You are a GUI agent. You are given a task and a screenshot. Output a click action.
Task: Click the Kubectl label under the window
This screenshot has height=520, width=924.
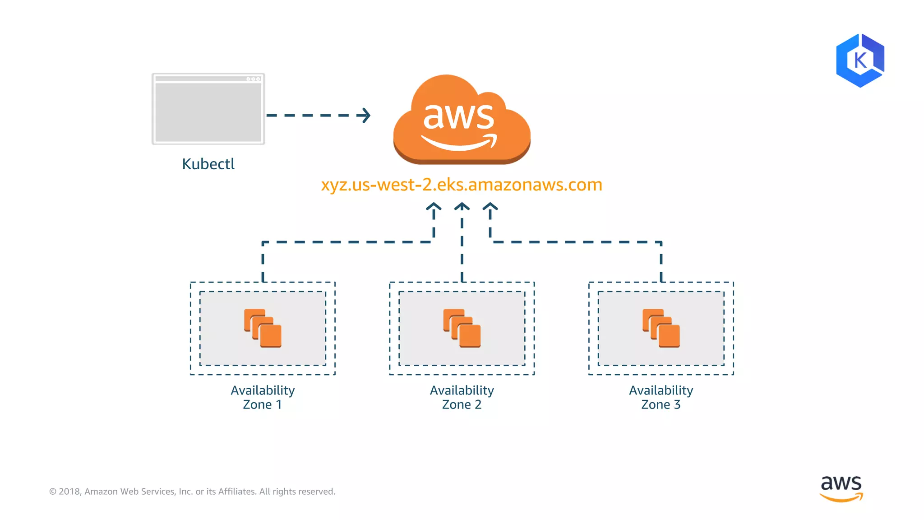click(208, 164)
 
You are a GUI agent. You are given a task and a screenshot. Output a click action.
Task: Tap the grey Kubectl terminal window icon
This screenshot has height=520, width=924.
click(208, 109)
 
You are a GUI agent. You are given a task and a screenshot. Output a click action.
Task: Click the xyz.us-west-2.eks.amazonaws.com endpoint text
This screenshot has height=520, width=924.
click(462, 185)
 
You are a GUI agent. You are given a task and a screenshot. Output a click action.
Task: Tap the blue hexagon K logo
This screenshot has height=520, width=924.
click(860, 60)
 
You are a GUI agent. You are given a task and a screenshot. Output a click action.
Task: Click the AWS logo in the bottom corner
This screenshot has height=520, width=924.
click(841, 488)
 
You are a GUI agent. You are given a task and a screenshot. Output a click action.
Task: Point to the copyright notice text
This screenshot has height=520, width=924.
click(192, 491)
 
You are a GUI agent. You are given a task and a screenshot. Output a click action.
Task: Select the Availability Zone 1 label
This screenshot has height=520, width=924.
click(263, 397)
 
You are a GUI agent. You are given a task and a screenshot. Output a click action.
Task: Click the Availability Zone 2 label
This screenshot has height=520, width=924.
click(462, 397)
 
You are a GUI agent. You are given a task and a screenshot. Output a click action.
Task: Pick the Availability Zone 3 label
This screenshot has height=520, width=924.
click(661, 397)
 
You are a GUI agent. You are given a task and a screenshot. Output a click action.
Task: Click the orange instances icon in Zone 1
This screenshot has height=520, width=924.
click(263, 328)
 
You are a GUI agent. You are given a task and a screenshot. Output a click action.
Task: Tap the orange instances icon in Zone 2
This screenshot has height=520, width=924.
click(462, 328)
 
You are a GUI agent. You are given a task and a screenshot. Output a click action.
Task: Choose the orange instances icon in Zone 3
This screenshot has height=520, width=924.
click(661, 328)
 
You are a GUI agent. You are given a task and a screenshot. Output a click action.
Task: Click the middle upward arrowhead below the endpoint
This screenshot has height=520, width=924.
click(462, 207)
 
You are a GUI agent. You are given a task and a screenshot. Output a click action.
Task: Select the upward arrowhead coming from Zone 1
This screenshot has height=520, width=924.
click(434, 207)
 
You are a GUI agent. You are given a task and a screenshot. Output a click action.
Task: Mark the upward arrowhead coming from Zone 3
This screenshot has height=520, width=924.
click(490, 207)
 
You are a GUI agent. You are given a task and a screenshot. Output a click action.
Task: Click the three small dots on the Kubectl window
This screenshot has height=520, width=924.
click(253, 79)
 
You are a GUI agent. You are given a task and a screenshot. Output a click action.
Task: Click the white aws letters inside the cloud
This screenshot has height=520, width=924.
click(458, 116)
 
